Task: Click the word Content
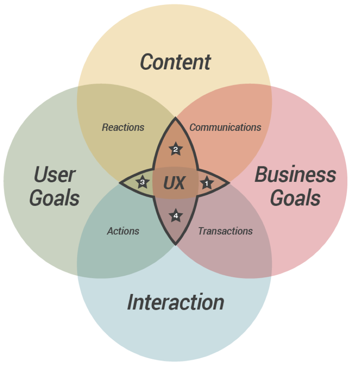(x=176, y=62)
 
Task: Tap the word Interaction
(x=176, y=302)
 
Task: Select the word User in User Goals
(x=55, y=174)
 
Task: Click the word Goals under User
(x=54, y=198)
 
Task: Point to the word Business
(x=296, y=174)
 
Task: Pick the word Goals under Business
(x=296, y=198)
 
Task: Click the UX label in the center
(x=174, y=183)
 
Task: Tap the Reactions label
(x=123, y=127)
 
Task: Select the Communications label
(x=225, y=127)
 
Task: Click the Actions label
(x=123, y=231)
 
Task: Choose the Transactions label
(x=225, y=231)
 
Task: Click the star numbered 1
(x=207, y=183)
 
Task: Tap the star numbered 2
(x=176, y=149)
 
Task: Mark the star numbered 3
(x=142, y=182)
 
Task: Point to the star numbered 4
(x=176, y=215)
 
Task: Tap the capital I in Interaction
(x=131, y=302)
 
